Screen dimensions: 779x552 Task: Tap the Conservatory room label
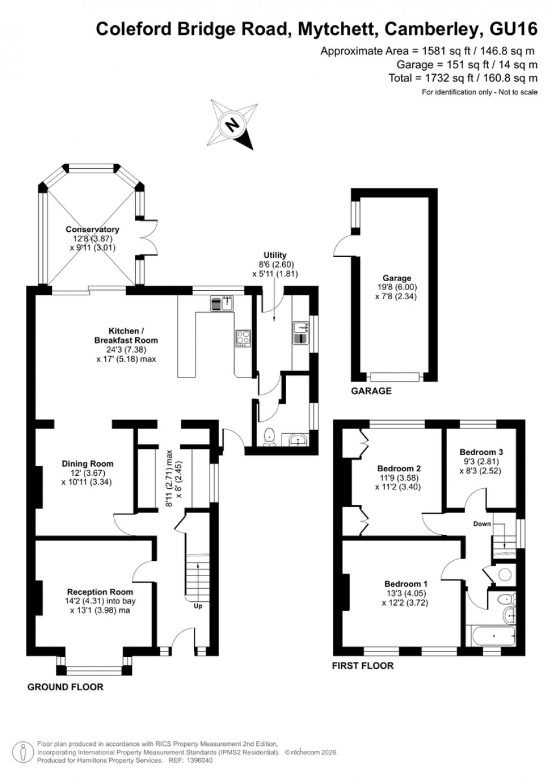click(x=92, y=229)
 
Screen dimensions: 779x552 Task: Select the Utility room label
click(x=275, y=255)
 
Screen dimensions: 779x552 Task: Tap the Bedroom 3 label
click(x=481, y=452)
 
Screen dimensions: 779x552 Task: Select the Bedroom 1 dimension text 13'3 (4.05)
click(x=406, y=593)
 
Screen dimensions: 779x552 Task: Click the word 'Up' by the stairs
click(x=198, y=606)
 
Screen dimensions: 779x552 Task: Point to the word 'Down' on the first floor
click(x=482, y=524)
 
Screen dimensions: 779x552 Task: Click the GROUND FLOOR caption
click(x=65, y=687)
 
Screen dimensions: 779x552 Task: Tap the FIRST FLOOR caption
click(x=363, y=666)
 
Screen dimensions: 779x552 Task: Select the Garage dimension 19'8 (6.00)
click(x=397, y=287)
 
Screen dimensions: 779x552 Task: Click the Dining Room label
click(x=87, y=464)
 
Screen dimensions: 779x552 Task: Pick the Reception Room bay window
click(x=95, y=670)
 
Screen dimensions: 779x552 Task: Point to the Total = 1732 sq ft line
click(x=463, y=78)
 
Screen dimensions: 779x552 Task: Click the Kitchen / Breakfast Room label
click(x=126, y=335)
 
